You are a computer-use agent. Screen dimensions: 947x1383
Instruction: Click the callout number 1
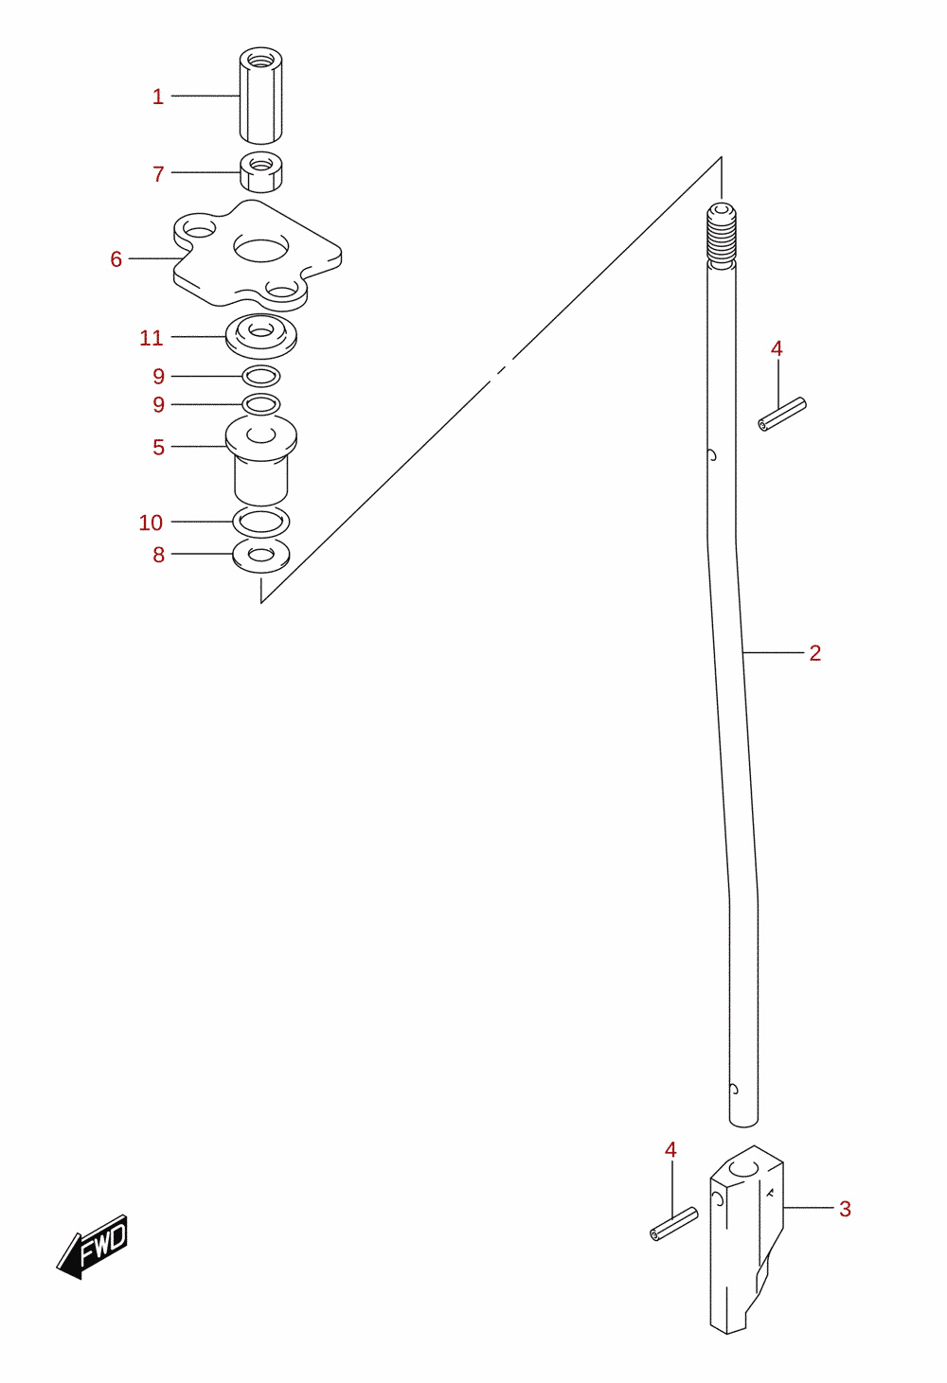coord(158,97)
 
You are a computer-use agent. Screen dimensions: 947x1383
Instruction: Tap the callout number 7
coord(159,174)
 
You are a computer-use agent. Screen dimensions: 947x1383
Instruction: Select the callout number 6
coord(116,259)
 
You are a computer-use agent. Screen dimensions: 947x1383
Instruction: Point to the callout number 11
coord(152,338)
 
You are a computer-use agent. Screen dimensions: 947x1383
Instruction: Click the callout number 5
coord(159,447)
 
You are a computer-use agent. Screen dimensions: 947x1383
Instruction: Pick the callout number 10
coord(151,523)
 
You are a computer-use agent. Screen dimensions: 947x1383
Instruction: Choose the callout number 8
coord(159,555)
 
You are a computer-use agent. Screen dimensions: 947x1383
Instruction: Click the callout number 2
coord(814,653)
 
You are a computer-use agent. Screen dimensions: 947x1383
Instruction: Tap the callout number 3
coord(845,1209)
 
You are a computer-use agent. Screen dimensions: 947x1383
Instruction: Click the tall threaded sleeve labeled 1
coord(260,95)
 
